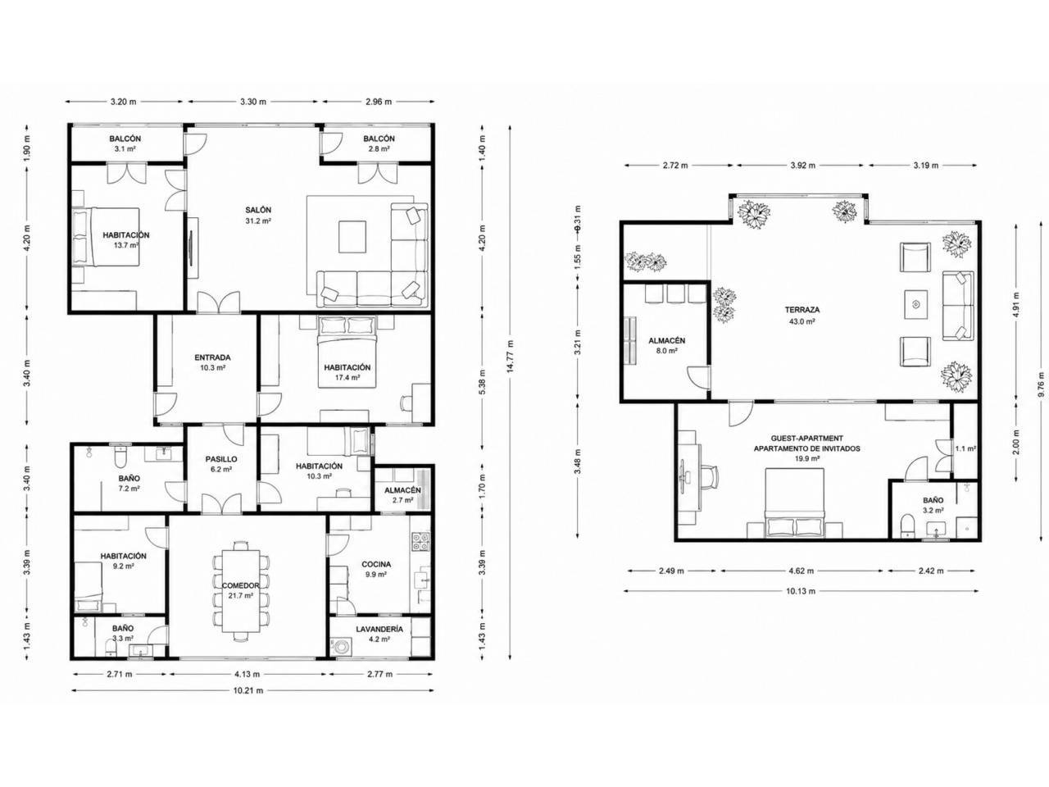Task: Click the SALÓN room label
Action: tap(258, 210)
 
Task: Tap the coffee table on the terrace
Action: tap(915, 304)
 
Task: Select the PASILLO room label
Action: tap(221, 459)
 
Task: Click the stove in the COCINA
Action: tap(420, 541)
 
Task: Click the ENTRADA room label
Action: tap(212, 357)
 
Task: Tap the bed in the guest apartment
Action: tap(794, 503)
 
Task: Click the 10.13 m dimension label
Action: tap(801, 591)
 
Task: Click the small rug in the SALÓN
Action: tap(352, 236)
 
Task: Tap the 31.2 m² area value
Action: tap(258, 221)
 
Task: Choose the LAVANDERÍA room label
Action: tap(379, 630)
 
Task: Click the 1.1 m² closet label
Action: tap(965, 448)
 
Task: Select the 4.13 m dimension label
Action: tap(247, 674)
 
